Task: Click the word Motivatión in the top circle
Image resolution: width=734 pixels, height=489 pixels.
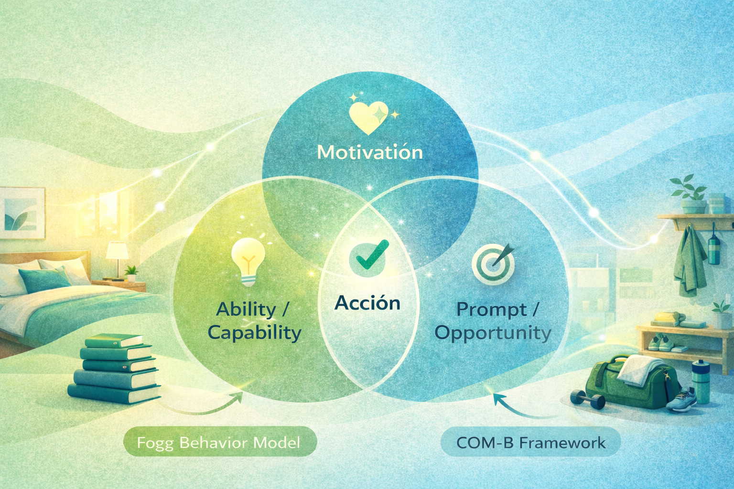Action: (x=370, y=152)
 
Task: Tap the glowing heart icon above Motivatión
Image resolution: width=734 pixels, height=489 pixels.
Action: (x=368, y=117)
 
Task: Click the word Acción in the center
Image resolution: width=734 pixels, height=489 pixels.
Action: (x=367, y=303)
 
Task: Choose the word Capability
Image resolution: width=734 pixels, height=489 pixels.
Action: (x=255, y=332)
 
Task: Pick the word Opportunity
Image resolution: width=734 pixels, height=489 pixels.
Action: (x=493, y=333)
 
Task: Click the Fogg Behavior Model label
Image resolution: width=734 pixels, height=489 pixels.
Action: (x=219, y=442)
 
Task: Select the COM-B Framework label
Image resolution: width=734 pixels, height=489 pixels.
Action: (x=530, y=443)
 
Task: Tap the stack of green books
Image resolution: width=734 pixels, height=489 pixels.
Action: (x=115, y=368)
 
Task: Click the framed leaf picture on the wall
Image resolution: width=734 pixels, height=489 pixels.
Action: (x=22, y=213)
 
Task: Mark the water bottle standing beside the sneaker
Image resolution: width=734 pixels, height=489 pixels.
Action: (x=701, y=382)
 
